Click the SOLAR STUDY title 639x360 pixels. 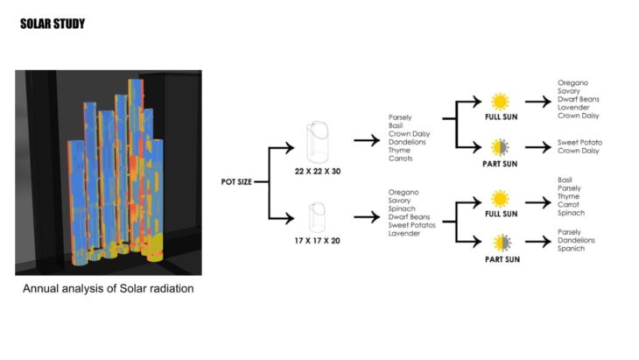pos(53,24)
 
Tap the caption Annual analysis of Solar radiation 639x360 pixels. pos(108,289)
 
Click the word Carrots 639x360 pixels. pos(401,159)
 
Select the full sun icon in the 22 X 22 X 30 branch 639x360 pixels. pos(500,101)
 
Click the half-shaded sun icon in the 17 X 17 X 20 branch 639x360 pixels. pos(500,243)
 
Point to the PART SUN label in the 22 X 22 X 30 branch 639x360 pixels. pos(501,162)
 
